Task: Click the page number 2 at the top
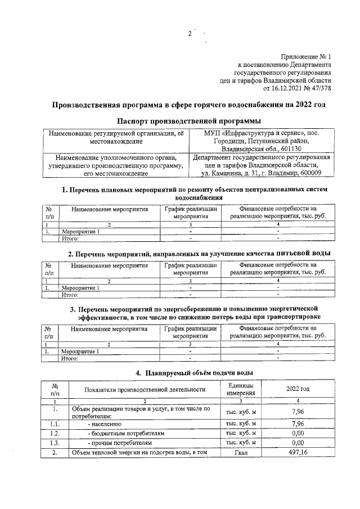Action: [190, 34]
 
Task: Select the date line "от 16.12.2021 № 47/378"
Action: [297, 89]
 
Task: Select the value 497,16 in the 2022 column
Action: [298, 452]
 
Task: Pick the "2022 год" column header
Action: [298, 389]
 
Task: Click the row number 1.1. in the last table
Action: [55, 424]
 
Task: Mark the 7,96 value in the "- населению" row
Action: [298, 424]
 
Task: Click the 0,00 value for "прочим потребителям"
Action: [298, 443]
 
